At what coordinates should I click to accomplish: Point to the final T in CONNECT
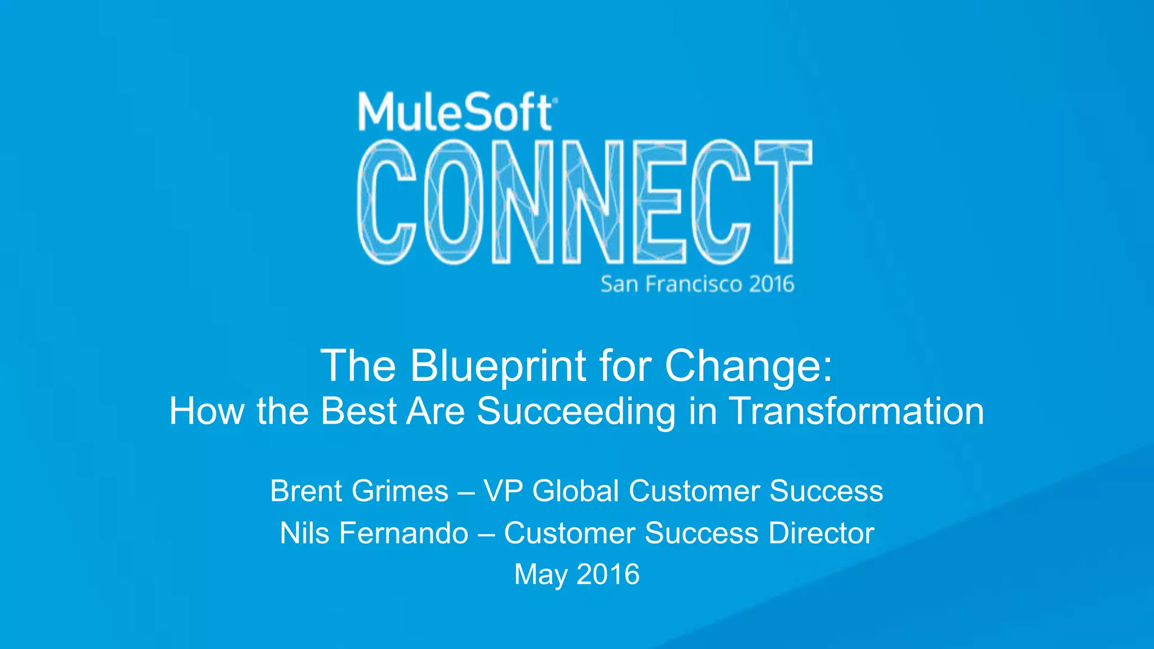784,202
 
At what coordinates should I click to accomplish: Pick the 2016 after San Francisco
771,284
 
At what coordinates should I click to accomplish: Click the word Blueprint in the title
498,366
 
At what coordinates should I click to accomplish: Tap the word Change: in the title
748,366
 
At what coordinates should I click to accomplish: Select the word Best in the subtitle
358,411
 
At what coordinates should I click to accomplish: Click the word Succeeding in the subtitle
576,411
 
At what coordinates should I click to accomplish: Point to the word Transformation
856,411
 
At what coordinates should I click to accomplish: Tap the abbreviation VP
503,491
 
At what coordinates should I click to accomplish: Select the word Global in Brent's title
576,491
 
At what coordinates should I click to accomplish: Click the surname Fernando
403,533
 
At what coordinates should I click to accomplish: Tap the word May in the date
541,575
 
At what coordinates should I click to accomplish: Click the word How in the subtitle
207,411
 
